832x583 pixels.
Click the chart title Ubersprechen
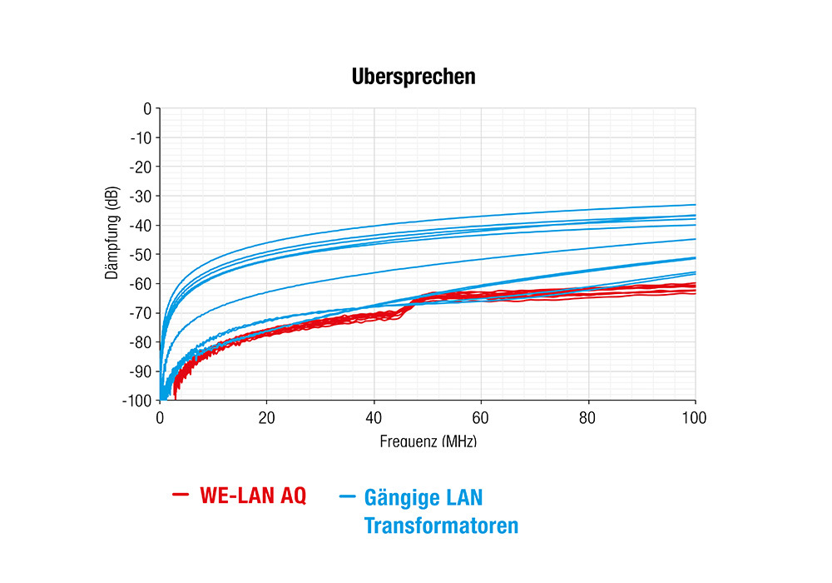pyautogui.click(x=414, y=77)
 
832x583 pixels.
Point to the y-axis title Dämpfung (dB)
pyautogui.click(x=112, y=231)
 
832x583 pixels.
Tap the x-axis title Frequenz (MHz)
pyautogui.click(x=428, y=441)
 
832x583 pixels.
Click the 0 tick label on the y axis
pyautogui.click(x=147, y=108)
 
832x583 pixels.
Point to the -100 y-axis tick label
pyautogui.click(x=138, y=401)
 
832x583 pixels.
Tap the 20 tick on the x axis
pyautogui.click(x=267, y=417)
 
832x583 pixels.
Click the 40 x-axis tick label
pyautogui.click(x=374, y=417)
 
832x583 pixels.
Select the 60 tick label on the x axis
pyautogui.click(x=481, y=417)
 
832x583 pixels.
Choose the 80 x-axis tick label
pyautogui.click(x=588, y=417)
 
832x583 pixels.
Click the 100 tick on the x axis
pyautogui.click(x=695, y=417)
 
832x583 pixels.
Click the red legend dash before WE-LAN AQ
pyautogui.click(x=181, y=496)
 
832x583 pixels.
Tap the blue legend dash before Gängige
pyautogui.click(x=348, y=498)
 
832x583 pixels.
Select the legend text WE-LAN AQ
pyautogui.click(x=253, y=496)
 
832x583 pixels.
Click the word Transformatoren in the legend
pyautogui.click(x=441, y=526)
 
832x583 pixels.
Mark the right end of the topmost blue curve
pyautogui.click(x=695, y=205)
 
